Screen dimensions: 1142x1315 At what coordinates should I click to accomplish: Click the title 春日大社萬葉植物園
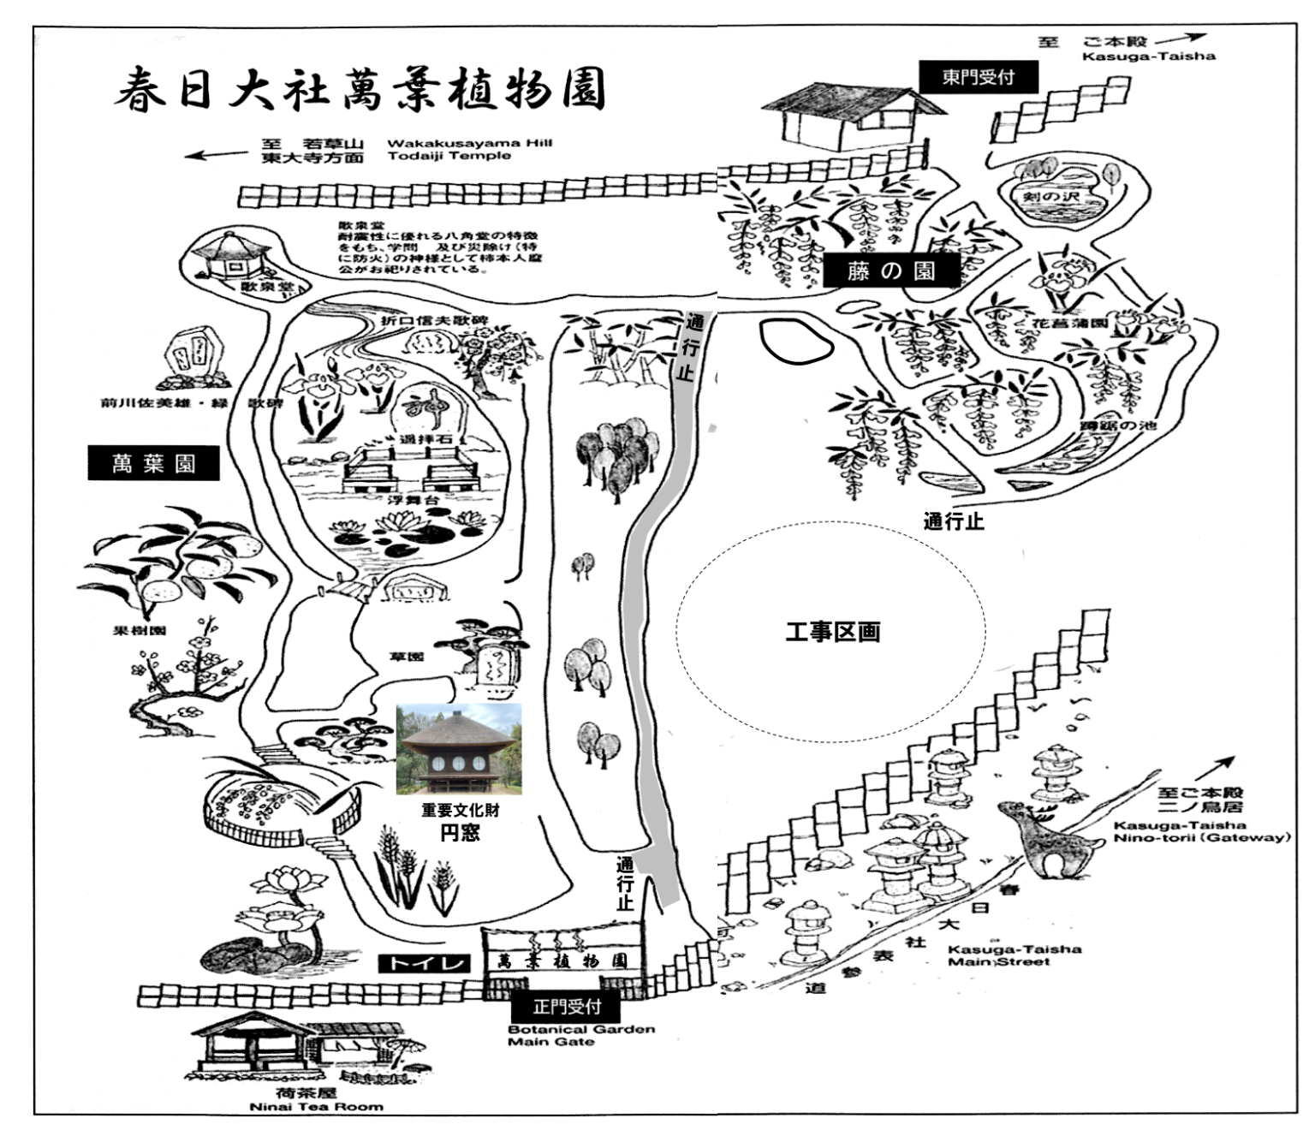click(x=360, y=89)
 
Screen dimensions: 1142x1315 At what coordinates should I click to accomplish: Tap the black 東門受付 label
click(x=978, y=77)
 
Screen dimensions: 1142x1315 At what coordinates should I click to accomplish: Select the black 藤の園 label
click(x=891, y=271)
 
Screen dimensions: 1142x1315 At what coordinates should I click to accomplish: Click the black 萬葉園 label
click(x=153, y=464)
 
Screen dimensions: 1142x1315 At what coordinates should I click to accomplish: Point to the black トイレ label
click(x=425, y=963)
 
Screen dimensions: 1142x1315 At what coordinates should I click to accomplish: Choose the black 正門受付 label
click(x=567, y=1007)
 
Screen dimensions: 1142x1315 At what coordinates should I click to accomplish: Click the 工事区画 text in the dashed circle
click(x=833, y=633)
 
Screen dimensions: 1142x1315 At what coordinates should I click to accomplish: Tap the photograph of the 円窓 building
click(x=459, y=749)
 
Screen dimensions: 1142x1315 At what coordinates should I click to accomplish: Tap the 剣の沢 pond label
click(x=1052, y=197)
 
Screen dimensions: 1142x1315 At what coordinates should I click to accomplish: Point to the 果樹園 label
click(x=139, y=631)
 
